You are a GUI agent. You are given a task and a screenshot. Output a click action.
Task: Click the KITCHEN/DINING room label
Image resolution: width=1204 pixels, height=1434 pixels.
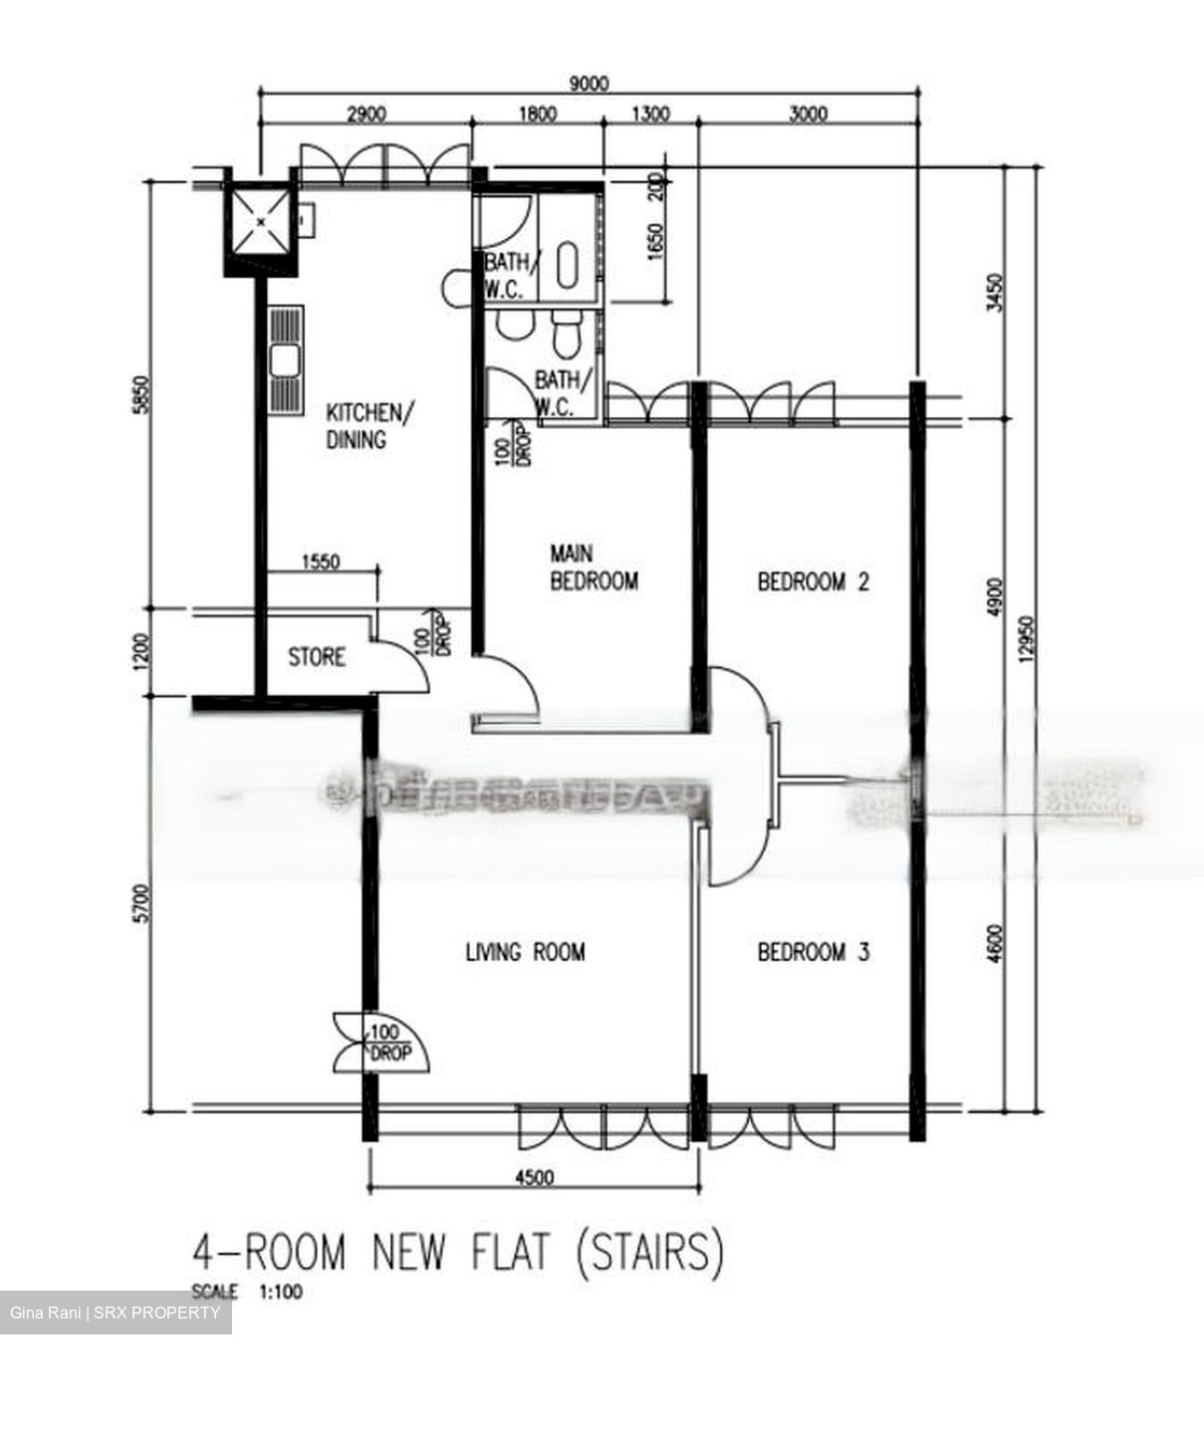click(364, 425)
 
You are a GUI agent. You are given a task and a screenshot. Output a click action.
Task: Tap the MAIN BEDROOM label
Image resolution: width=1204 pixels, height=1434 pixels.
click(594, 567)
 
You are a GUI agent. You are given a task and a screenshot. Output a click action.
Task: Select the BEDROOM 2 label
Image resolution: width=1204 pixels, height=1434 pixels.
click(813, 582)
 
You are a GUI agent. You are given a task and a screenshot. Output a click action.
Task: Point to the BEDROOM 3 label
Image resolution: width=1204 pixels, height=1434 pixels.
click(813, 952)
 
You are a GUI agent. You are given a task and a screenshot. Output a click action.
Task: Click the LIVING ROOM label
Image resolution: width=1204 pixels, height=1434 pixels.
click(525, 952)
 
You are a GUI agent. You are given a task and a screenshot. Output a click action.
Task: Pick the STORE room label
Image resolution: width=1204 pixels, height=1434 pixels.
click(317, 657)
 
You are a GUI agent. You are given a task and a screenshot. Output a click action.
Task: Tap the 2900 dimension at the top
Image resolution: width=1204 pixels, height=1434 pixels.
click(365, 114)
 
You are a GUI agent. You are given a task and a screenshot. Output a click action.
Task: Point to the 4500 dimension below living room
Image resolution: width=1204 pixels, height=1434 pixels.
click(534, 1178)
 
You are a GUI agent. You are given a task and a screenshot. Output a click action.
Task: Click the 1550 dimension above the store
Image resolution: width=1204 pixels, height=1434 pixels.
click(319, 562)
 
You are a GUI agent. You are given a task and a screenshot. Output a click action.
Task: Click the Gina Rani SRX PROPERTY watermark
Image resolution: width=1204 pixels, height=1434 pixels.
click(116, 1314)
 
